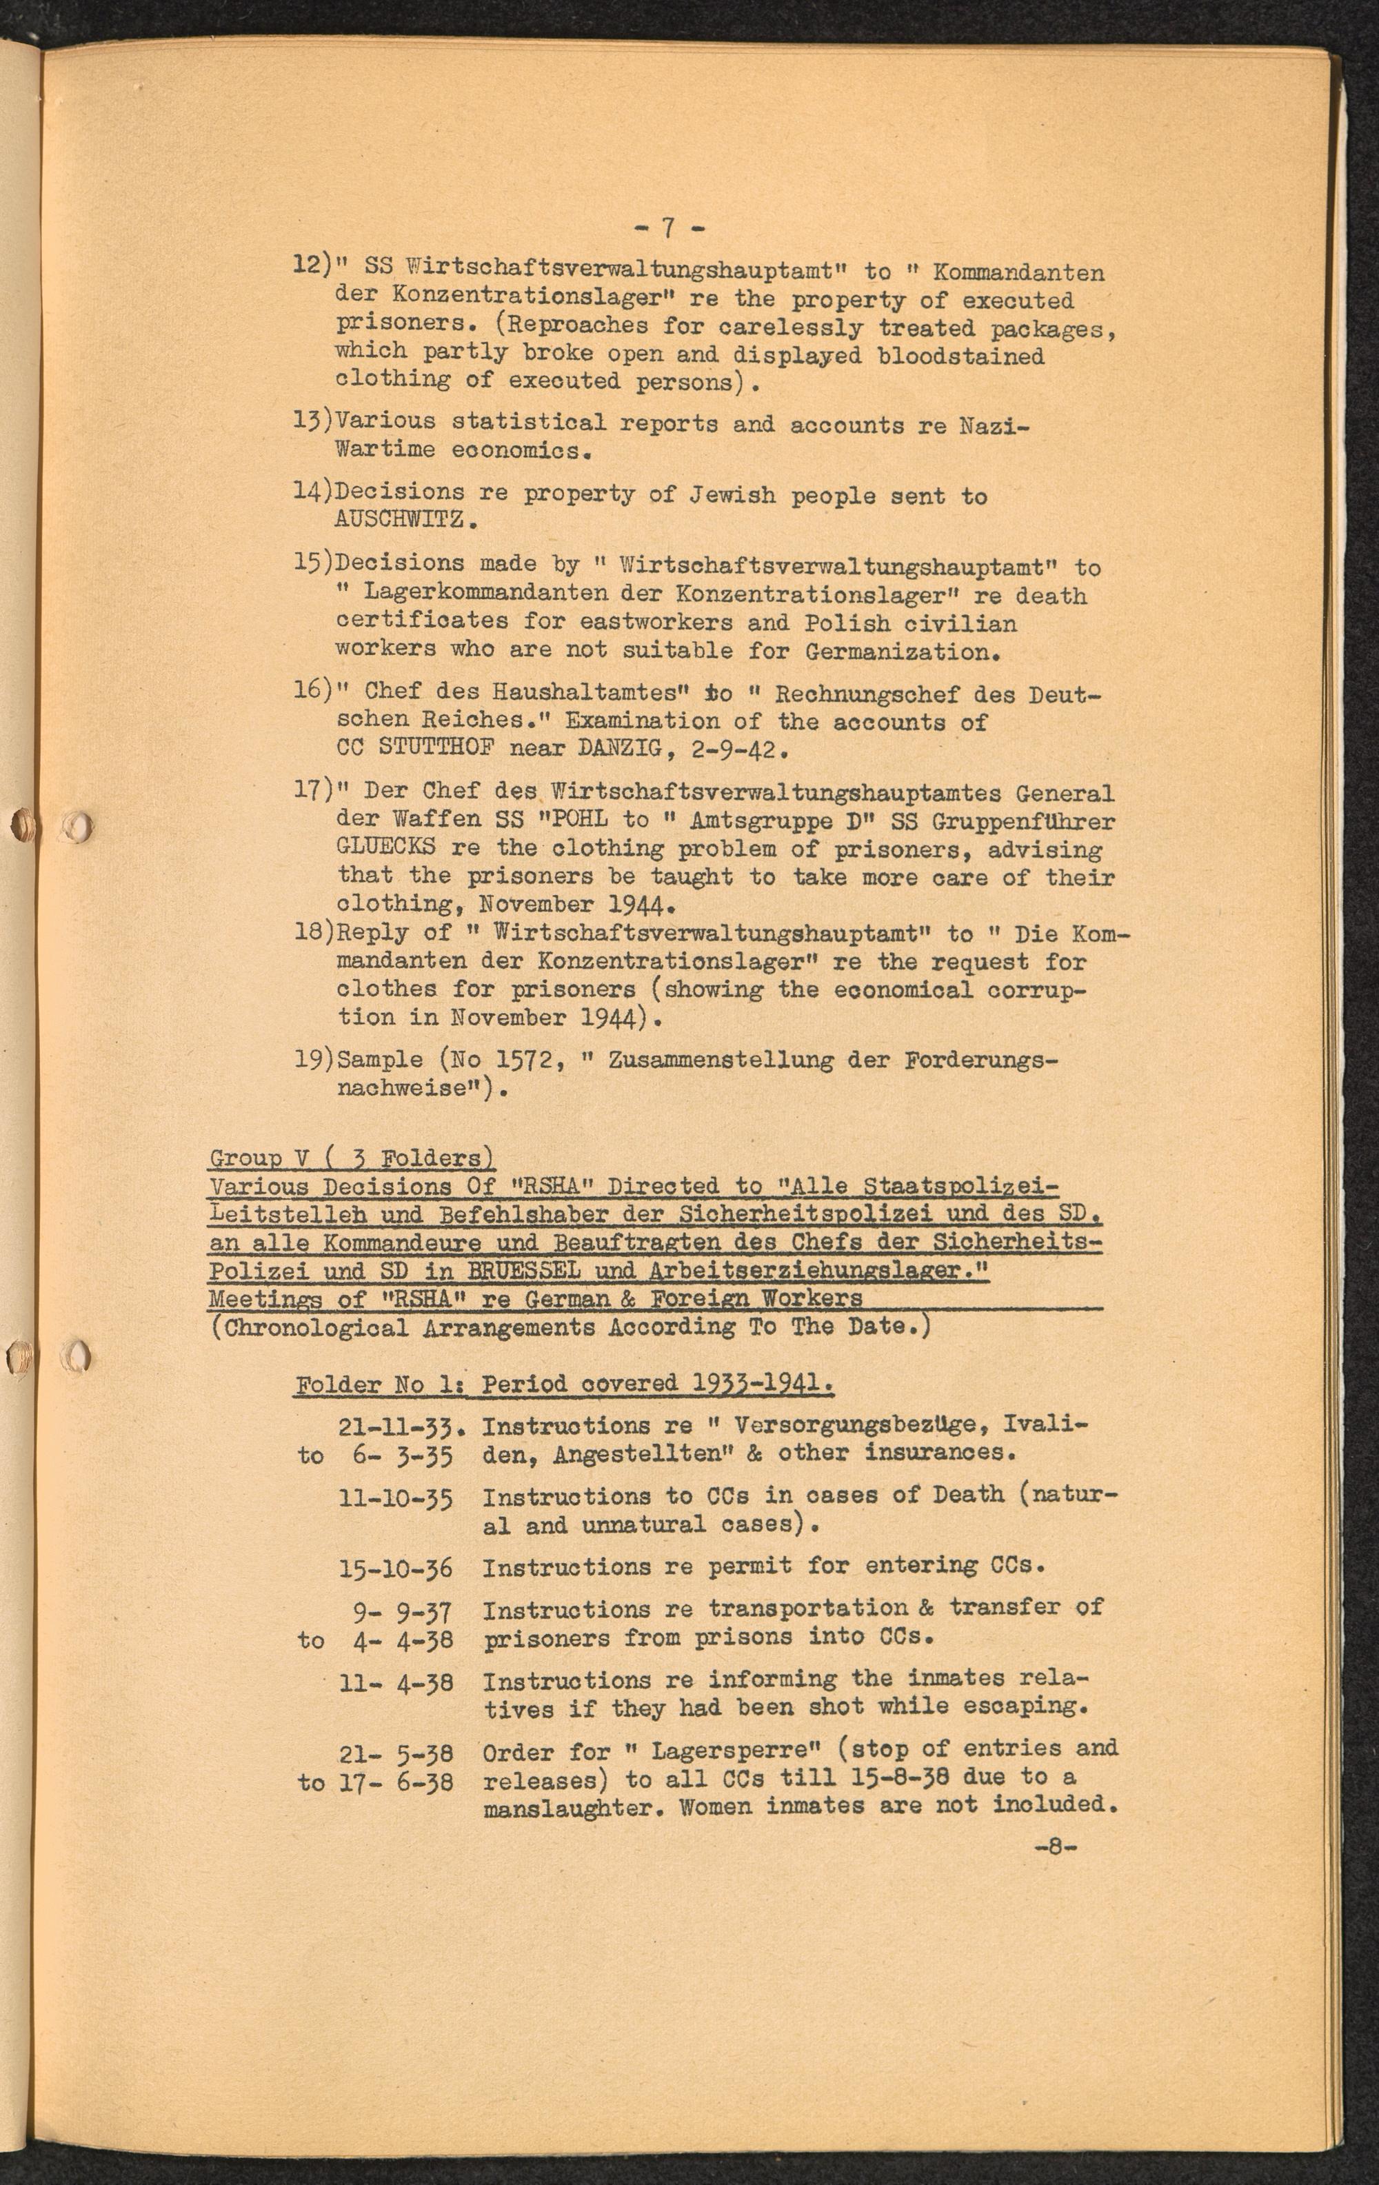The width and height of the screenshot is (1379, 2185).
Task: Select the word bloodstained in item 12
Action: tap(960, 355)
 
